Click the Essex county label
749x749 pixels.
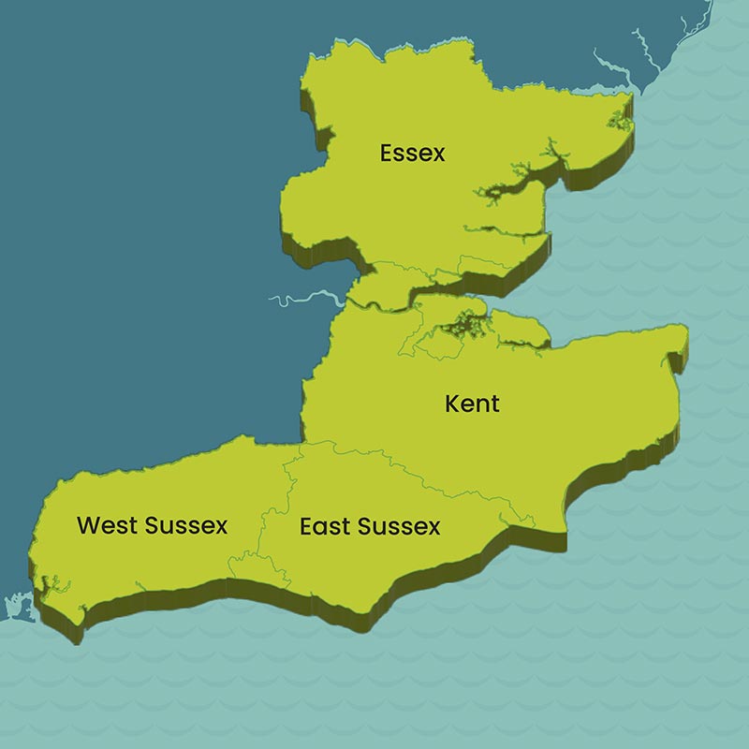coord(413,153)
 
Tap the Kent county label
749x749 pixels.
coord(472,404)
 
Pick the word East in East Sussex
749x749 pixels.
coord(324,526)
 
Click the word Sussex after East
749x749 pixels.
coord(398,526)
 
